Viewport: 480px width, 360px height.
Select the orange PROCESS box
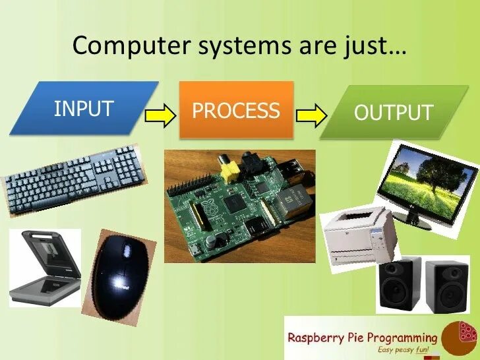(x=235, y=110)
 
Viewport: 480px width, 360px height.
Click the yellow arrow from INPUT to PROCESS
(x=161, y=115)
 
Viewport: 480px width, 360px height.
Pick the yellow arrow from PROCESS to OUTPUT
(x=312, y=116)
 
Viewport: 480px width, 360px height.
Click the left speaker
(x=399, y=284)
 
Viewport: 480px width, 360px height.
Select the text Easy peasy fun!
(x=403, y=350)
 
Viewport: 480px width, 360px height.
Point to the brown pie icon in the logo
(x=459, y=338)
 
